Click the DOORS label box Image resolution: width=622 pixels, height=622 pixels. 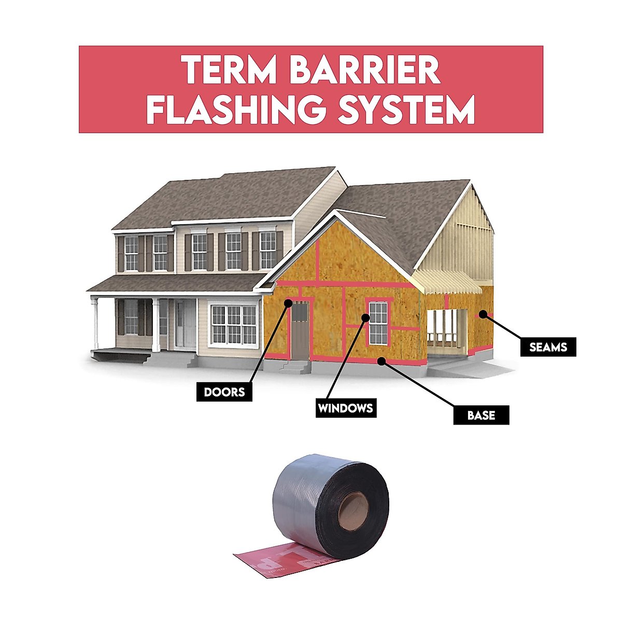(x=224, y=391)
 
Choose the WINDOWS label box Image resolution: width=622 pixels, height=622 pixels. (x=345, y=408)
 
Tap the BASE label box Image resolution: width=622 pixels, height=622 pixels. (x=481, y=415)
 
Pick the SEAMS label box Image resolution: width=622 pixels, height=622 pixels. (x=548, y=347)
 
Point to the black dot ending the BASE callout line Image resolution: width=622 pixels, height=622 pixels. (x=382, y=361)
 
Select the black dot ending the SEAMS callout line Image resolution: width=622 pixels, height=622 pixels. (x=482, y=313)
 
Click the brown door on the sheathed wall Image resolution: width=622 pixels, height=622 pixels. (x=300, y=332)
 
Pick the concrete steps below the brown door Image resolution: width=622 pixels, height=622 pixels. (x=294, y=366)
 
